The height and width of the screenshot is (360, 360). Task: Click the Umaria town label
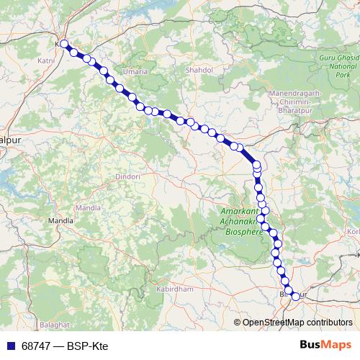pyautogui.click(x=136, y=72)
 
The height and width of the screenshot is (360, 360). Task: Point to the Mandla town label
pyautogui.click(x=56, y=220)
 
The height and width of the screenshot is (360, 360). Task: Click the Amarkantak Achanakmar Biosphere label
pyautogui.click(x=240, y=222)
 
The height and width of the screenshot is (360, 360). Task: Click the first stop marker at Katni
pyautogui.click(x=64, y=44)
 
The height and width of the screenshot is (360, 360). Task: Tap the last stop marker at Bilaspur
pyautogui.click(x=294, y=296)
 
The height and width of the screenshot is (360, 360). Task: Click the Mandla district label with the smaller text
pyautogui.click(x=88, y=207)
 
